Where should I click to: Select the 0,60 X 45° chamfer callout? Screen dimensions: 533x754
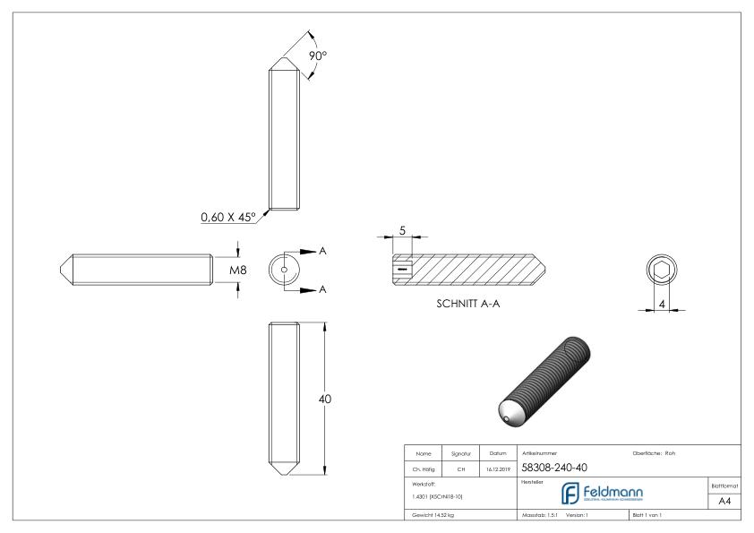[227, 217]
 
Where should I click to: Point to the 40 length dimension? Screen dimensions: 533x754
[325, 399]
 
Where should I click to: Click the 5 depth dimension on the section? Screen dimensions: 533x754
[404, 232]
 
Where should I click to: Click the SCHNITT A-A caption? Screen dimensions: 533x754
[469, 305]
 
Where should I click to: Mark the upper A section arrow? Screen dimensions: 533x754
[307, 252]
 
